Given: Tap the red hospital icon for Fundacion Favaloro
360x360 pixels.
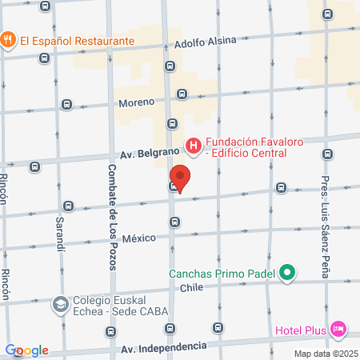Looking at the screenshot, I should (x=193, y=146).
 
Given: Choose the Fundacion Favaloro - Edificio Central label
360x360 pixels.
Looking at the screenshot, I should (x=253, y=149).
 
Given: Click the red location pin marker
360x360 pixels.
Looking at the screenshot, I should (x=181, y=178).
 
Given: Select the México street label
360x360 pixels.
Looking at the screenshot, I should (x=139, y=237).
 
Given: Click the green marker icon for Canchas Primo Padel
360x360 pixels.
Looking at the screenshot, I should (x=288, y=274).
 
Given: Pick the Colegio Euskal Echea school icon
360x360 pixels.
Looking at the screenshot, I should (x=60, y=305).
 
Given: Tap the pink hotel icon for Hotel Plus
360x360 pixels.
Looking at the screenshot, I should (x=338, y=329).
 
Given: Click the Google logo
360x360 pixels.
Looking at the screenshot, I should (x=27, y=350).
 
